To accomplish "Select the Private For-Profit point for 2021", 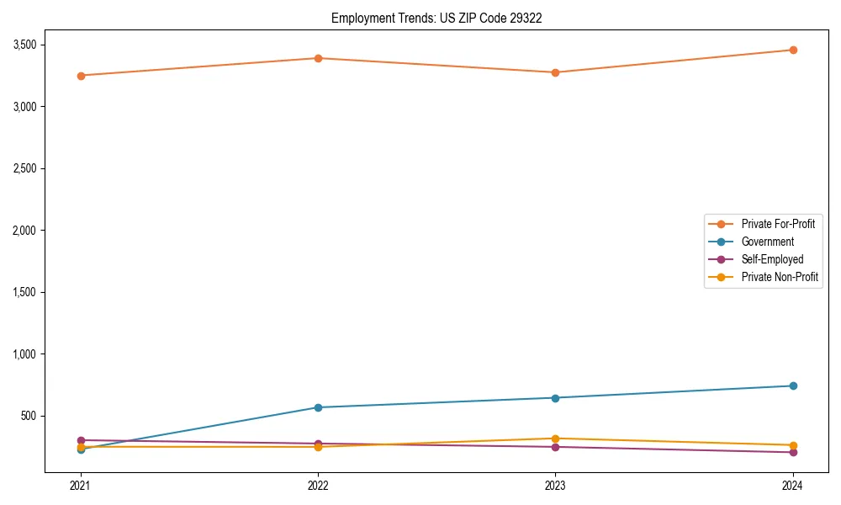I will (x=81, y=76).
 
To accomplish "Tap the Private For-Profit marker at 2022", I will (x=318, y=58).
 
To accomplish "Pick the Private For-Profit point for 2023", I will (x=555, y=72).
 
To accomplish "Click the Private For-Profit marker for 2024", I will (x=792, y=50).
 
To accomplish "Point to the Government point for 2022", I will (x=318, y=407).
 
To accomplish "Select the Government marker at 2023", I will (x=555, y=398).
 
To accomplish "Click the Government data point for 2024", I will (x=792, y=385).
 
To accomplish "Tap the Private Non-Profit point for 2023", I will (x=555, y=439).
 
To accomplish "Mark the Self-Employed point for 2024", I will (x=792, y=452).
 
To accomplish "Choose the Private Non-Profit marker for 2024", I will (x=792, y=445).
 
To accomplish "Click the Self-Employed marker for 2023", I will (x=555, y=447).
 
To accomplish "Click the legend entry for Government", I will (x=767, y=242).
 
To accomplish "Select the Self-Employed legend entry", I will (x=772, y=259).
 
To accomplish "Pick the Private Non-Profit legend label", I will (x=780, y=277).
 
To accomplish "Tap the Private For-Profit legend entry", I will (x=778, y=224).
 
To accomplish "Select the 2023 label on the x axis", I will (x=555, y=485).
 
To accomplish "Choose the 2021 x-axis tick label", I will (x=81, y=485).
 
